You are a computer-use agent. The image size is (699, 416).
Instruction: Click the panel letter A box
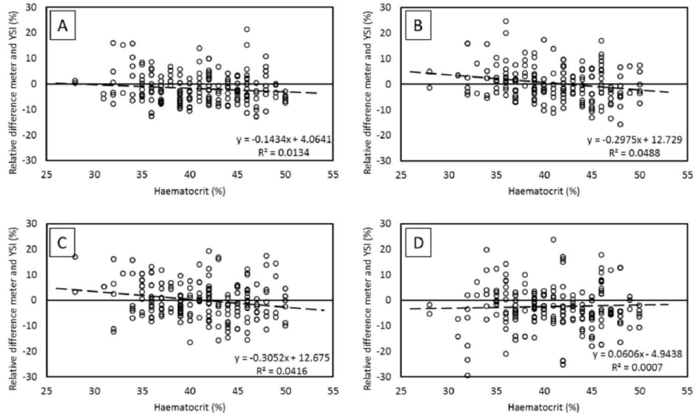(x=63, y=25)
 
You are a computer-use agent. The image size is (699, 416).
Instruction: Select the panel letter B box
(x=418, y=25)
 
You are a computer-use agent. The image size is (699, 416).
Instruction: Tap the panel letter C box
(x=62, y=242)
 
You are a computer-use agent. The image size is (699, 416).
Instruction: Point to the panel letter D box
(x=418, y=242)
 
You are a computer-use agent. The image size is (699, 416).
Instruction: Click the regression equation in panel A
(x=284, y=139)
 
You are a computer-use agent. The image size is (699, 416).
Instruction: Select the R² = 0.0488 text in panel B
(x=634, y=153)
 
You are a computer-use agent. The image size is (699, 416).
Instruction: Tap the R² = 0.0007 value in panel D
(x=637, y=368)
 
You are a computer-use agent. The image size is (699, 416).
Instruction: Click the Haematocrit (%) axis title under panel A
(x=190, y=191)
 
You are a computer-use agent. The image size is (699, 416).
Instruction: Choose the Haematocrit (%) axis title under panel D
(x=544, y=407)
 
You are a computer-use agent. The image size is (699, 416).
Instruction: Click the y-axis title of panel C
(x=13, y=308)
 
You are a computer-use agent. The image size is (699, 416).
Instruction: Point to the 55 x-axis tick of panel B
(x=688, y=175)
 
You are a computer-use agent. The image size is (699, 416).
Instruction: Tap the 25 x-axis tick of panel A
(x=46, y=175)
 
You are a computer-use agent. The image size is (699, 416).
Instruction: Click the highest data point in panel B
(x=506, y=21)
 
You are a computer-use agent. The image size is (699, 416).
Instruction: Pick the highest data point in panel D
(x=553, y=240)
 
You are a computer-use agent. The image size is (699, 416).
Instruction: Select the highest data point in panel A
(x=247, y=29)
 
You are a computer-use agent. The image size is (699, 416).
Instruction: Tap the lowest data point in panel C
(x=190, y=343)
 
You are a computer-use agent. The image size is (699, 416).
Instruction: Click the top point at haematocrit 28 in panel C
(x=75, y=257)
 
